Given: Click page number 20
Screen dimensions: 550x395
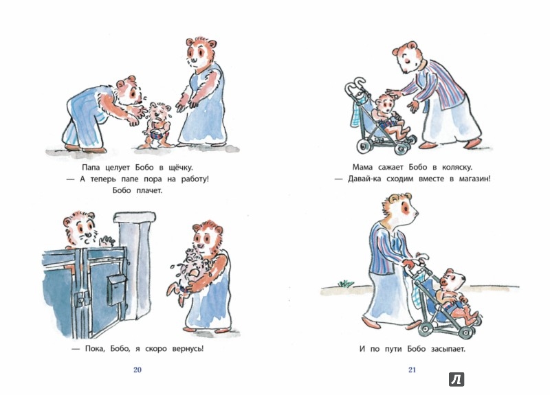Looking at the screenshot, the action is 137,370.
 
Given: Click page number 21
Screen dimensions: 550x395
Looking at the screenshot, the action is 412,370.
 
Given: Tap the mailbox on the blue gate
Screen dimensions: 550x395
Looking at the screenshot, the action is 116,289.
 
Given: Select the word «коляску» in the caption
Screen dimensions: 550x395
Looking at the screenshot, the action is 456,167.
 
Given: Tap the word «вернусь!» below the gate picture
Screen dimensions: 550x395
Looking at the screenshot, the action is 188,349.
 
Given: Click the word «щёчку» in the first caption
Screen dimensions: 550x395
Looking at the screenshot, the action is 178,168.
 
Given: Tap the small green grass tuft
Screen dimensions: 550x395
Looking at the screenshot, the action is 346,283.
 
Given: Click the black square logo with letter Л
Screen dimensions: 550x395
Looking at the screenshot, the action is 456,379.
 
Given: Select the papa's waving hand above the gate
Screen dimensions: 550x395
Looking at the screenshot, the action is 107,240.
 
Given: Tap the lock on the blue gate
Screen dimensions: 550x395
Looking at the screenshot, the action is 81,299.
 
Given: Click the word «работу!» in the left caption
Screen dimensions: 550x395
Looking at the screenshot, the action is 195,179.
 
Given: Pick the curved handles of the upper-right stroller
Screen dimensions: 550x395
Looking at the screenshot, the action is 355,87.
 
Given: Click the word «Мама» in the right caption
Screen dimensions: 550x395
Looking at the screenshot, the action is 362,167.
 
